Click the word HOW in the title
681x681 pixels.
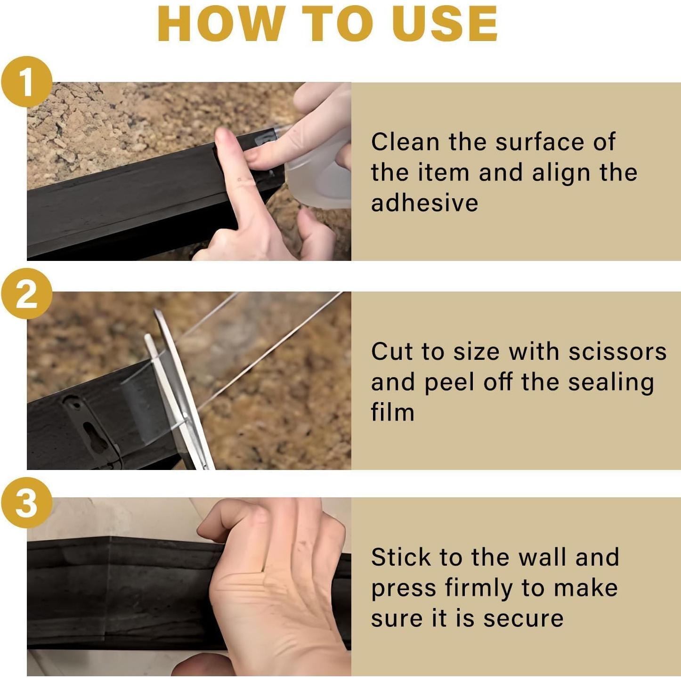pos(221,24)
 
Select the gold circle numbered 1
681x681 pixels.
pos(26,81)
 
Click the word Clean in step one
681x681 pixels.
pos(405,142)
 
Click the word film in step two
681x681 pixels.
pos(392,412)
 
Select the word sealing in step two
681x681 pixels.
pos(611,383)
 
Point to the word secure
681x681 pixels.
pos(523,619)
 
